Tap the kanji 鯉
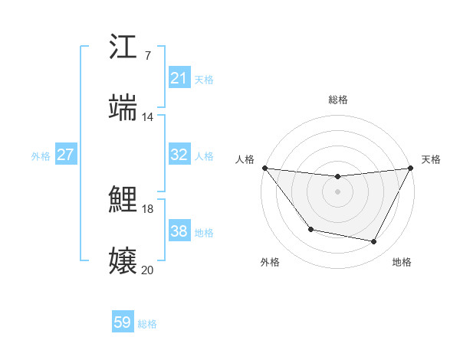123,200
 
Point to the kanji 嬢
123,260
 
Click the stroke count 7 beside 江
147,56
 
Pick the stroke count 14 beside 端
147,116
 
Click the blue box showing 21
179,78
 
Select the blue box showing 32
179,155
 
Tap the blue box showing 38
179,231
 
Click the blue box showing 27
66,155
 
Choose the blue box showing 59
123,322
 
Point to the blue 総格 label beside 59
147,324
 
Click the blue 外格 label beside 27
41,156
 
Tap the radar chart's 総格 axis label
337,100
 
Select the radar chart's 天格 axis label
432,159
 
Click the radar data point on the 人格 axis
264,168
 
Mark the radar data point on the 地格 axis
374,242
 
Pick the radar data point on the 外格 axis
310,229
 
